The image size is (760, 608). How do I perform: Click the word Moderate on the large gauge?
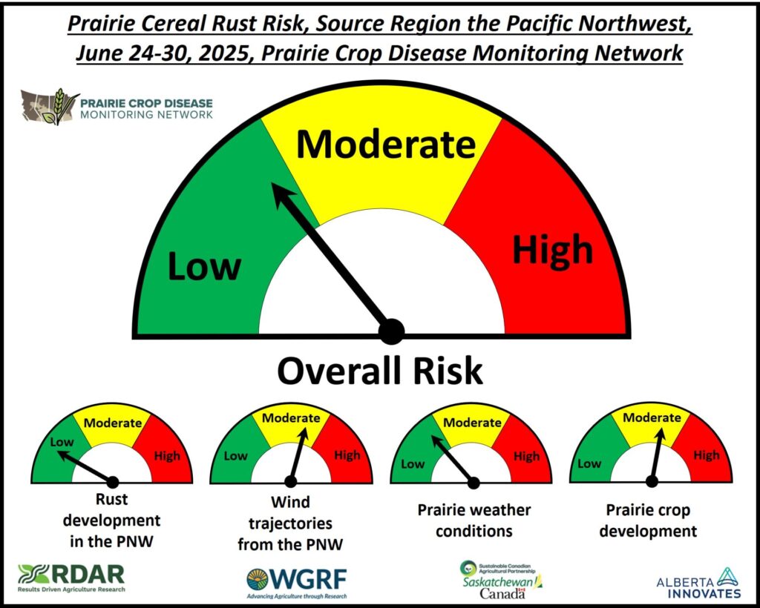click(386, 145)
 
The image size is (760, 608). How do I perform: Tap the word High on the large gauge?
click(553, 249)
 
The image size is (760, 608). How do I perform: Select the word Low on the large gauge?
click(204, 267)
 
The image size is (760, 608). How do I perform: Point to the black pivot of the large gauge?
click(391, 331)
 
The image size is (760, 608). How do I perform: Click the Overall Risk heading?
click(380, 371)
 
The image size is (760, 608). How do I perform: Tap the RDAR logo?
click(71, 578)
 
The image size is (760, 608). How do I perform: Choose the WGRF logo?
click(297, 583)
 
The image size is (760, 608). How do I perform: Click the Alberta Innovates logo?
click(699, 584)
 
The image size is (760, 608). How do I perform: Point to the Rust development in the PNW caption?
click(112, 521)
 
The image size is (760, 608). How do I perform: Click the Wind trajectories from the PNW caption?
click(290, 523)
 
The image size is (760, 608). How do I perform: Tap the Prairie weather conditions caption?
click(474, 521)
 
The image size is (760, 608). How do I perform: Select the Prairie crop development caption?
click(648, 521)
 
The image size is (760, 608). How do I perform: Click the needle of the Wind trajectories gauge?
click(298, 455)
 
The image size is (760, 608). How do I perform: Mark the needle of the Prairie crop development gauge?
click(657, 456)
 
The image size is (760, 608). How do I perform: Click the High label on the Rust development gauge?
click(167, 455)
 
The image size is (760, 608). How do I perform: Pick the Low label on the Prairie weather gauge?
click(413, 463)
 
